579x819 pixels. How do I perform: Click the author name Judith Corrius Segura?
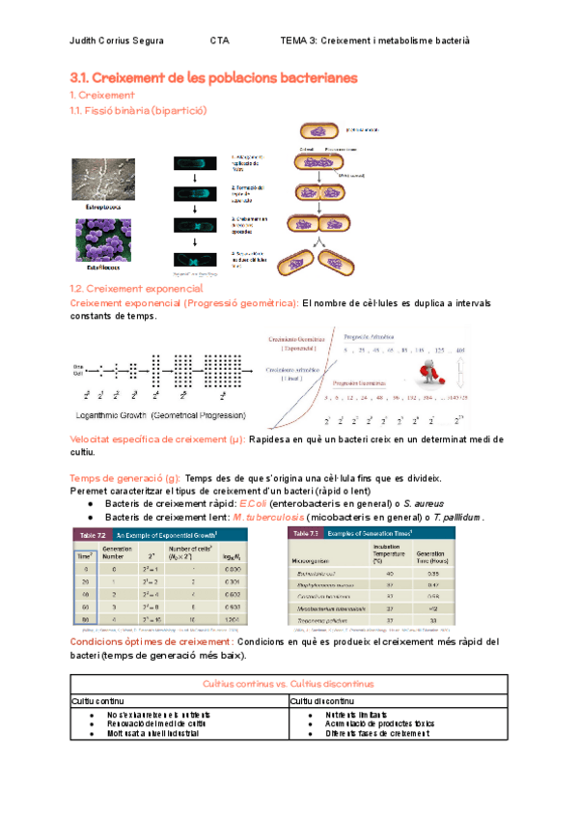coord(118,41)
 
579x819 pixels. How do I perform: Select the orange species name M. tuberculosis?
coord(263,517)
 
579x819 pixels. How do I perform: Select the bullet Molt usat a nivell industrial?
coord(154,733)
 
